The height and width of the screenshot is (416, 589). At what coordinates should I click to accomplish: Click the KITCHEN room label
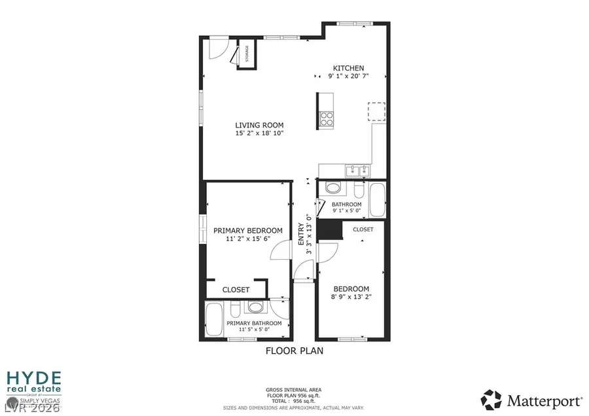tap(348, 68)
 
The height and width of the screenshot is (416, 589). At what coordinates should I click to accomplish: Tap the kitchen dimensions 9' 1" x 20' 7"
tap(348, 77)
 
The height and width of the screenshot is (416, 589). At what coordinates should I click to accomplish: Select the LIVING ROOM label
tap(259, 125)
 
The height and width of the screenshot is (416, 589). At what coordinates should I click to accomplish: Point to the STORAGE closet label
tap(247, 54)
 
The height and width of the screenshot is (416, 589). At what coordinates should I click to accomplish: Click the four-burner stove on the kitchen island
tap(326, 118)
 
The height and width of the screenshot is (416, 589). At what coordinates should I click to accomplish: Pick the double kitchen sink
tap(357, 171)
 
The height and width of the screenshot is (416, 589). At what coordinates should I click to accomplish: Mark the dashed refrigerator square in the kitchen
tap(376, 112)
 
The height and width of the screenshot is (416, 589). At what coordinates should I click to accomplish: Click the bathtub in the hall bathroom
tap(377, 201)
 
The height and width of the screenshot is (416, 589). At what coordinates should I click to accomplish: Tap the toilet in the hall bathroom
tap(334, 189)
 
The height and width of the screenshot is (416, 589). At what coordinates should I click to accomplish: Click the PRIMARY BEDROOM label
tap(248, 230)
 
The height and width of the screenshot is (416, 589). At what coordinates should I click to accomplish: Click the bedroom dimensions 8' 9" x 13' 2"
tap(351, 298)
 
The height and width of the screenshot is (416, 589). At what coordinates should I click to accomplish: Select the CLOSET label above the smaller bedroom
tap(363, 230)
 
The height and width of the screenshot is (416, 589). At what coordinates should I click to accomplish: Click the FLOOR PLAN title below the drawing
tap(294, 351)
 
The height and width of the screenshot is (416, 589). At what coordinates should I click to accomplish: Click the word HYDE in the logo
tap(34, 378)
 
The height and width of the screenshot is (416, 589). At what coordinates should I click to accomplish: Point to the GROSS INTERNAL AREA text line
tap(294, 390)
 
